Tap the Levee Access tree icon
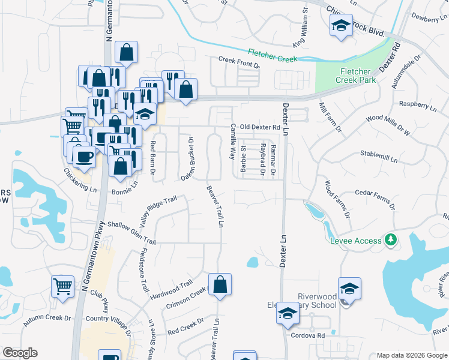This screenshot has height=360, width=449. click(x=391, y=240)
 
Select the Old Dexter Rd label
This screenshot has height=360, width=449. click(x=259, y=127)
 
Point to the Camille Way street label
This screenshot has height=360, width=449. click(x=233, y=142)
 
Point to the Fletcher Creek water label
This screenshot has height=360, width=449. click(x=273, y=56)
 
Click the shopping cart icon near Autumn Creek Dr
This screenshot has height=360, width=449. click(x=62, y=286)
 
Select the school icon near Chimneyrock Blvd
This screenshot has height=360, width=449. click(x=341, y=26)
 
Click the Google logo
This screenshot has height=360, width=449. click(x=20, y=353)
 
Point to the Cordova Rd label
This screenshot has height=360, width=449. click(x=312, y=335)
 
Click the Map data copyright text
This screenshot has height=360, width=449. click(x=411, y=355)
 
